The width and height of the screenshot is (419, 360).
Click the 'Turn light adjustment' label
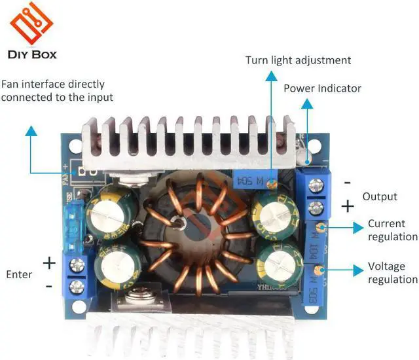point(298,60)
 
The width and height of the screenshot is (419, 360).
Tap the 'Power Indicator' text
point(322,88)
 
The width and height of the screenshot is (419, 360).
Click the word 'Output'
point(380,196)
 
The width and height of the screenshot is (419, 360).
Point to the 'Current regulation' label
point(392,230)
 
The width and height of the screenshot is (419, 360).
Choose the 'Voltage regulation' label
point(392,273)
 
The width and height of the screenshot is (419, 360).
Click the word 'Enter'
point(18,274)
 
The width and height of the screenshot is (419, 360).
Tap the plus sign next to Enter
point(49,262)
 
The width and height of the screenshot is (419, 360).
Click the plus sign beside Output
point(347,206)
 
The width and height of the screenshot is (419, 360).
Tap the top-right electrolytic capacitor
point(275,209)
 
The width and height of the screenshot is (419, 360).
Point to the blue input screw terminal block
point(76,276)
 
